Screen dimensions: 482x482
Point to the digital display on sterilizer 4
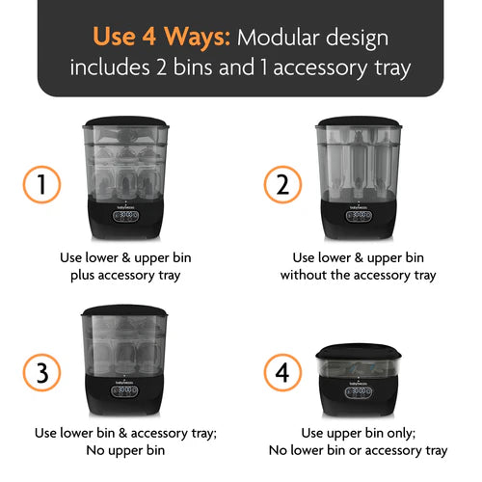click(359, 391)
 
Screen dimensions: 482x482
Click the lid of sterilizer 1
click(127, 123)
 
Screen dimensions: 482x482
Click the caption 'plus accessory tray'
click(127, 275)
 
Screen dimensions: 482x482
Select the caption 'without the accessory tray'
click(359, 275)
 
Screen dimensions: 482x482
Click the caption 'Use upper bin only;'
click(359, 433)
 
